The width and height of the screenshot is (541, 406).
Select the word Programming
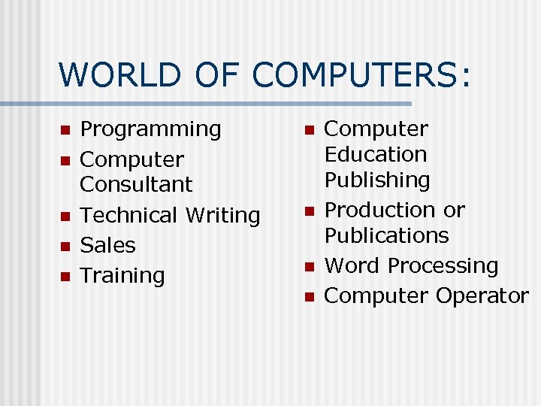(151, 129)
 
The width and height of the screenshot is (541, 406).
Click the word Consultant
(136, 184)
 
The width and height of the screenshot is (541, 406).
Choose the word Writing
(223, 215)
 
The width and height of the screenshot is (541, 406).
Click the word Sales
(107, 245)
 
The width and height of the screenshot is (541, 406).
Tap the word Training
(122, 276)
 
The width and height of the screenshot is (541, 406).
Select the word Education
(375, 155)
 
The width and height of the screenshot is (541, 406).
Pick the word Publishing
(377, 180)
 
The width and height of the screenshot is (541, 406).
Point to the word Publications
(386, 235)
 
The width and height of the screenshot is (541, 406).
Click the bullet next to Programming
(65, 130)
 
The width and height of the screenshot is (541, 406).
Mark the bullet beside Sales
(65, 246)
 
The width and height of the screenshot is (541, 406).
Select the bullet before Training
(65, 277)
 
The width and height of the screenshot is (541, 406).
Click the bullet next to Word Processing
(308, 267)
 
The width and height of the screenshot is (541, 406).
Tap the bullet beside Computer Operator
(308, 297)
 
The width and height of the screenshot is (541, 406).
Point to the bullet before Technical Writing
(65, 216)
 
